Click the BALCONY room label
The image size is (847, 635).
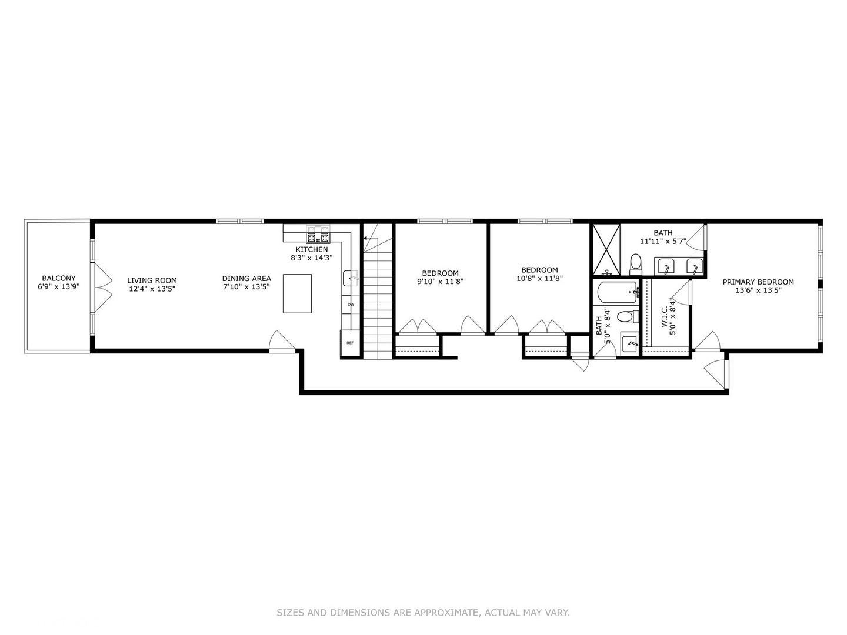coord(58,278)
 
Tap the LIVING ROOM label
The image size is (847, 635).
coord(152,280)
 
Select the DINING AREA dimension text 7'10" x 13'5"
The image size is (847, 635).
coord(246,287)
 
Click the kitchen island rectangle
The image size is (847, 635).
coord(297,293)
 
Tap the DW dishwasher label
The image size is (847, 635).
coord(351,304)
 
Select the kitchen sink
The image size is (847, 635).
coord(350,278)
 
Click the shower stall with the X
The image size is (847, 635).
coord(606,249)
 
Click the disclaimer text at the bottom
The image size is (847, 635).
coord(423,613)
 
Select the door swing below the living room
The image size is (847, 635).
coord(281,342)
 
